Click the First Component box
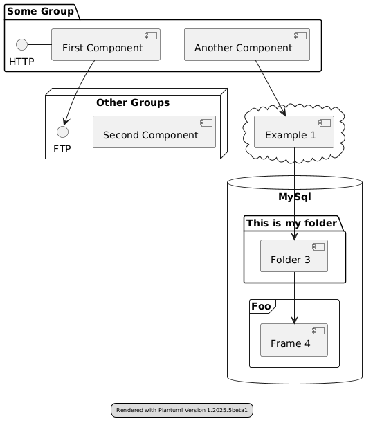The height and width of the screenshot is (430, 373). click(106, 45)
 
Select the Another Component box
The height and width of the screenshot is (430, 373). click(247, 45)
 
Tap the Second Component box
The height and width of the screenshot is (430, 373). click(154, 132)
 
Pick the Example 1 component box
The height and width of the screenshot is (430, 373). click(294, 132)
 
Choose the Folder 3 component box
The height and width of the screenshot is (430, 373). click(294, 256)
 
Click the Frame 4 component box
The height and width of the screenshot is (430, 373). click(294, 340)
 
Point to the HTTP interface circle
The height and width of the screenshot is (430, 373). click(22, 45)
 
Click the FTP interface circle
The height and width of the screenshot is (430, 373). click(62, 132)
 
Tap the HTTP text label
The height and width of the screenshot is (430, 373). click(21, 62)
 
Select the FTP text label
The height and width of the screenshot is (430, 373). click(62, 149)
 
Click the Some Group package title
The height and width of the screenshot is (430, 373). click(40, 11)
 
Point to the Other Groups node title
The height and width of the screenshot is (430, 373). click(133, 102)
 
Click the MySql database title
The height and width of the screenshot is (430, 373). click(295, 197)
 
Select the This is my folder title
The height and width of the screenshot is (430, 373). click(291, 223)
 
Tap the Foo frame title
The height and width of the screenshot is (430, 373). click(261, 306)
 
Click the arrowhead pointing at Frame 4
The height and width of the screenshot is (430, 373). click(294, 321)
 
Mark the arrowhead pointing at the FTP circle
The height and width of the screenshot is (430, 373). click(66, 121)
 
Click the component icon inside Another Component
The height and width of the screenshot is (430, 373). click(300, 35)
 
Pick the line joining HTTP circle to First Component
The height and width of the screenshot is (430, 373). click(39, 45)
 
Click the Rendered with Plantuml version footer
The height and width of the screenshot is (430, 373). click(182, 410)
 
